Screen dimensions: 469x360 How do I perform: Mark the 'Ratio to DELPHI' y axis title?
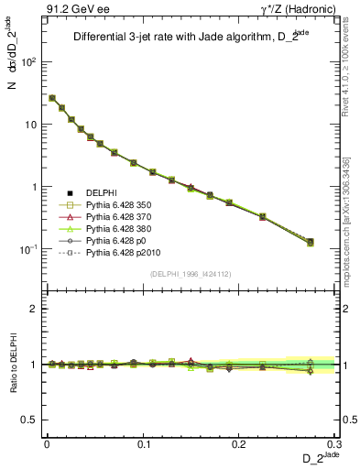(x=12, y=365)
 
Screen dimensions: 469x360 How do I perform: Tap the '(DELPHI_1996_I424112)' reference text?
(x=191, y=273)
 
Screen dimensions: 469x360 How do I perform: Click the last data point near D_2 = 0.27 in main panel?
(x=311, y=242)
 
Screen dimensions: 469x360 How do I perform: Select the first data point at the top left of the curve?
(x=52, y=98)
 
